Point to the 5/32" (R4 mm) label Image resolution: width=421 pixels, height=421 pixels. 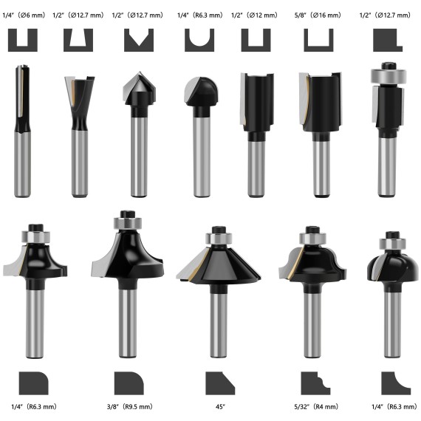319,405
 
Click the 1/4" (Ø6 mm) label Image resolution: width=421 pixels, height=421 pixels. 25,14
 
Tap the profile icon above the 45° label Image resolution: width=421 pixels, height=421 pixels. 219,383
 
